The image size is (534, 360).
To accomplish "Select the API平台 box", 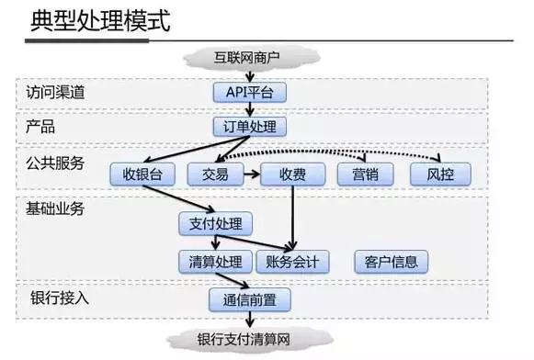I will pyautogui.click(x=249, y=92).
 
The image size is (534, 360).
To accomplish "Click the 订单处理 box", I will pyautogui.click(x=249, y=126).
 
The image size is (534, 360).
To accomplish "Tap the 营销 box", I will pyautogui.click(x=365, y=174).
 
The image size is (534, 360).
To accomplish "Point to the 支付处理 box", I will pyautogui.click(x=214, y=222).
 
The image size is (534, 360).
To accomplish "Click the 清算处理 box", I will pyautogui.click(x=214, y=262).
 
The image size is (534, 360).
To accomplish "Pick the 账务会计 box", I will pyautogui.click(x=291, y=262).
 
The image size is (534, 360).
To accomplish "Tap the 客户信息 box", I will pyautogui.click(x=391, y=262).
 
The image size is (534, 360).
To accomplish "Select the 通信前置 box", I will pyautogui.click(x=249, y=299).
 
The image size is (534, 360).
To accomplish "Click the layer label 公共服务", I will pyautogui.click(x=55, y=163).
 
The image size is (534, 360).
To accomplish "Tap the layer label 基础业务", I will pyautogui.click(x=55, y=208).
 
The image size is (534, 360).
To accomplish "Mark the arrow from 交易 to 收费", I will pyautogui.click(x=251, y=174).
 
